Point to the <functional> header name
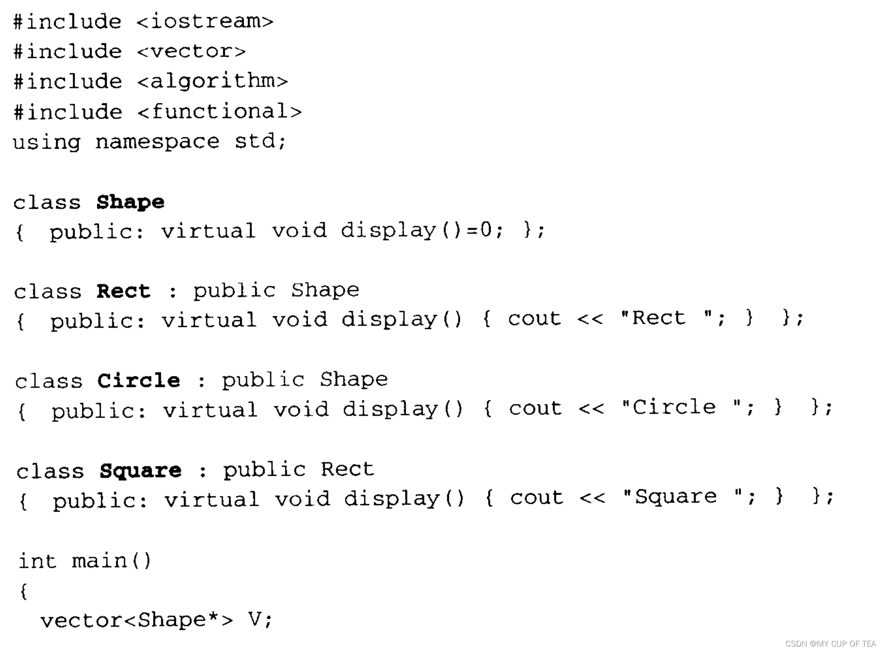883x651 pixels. (219, 112)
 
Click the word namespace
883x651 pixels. (157, 142)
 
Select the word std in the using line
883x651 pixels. (255, 141)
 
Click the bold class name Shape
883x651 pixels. (130, 202)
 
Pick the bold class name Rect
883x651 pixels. (123, 291)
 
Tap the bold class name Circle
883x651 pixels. (139, 381)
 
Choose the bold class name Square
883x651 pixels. (140, 471)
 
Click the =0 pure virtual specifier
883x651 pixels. (479, 230)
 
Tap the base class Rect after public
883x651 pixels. (347, 470)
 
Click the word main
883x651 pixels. (99, 561)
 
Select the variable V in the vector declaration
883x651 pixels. (255, 620)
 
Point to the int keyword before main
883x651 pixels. (37, 561)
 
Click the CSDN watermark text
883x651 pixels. (830, 644)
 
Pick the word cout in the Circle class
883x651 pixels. (536, 409)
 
